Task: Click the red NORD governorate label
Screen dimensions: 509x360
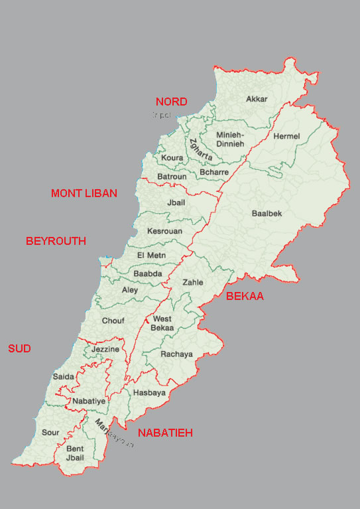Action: point(171,102)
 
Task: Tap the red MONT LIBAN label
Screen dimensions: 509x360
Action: point(84,193)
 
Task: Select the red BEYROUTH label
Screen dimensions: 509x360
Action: point(56,241)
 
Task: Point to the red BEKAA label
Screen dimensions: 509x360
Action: point(245,296)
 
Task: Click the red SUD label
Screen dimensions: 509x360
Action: point(19,348)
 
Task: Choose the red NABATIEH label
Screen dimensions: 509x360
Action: point(165,433)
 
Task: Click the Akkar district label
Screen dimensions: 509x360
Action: point(257,99)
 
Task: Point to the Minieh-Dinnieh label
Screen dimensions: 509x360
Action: point(230,139)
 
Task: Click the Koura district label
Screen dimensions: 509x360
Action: point(172,159)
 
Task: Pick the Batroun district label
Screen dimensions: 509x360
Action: point(172,177)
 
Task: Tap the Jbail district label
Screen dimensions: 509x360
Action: point(176,202)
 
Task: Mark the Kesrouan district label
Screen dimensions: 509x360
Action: point(164,231)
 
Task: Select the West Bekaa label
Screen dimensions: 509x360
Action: point(162,323)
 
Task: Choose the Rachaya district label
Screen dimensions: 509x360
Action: point(176,354)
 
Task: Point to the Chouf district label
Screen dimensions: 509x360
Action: point(113,321)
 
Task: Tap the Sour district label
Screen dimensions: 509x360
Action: point(50,432)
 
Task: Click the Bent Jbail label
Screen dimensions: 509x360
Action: point(75,453)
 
